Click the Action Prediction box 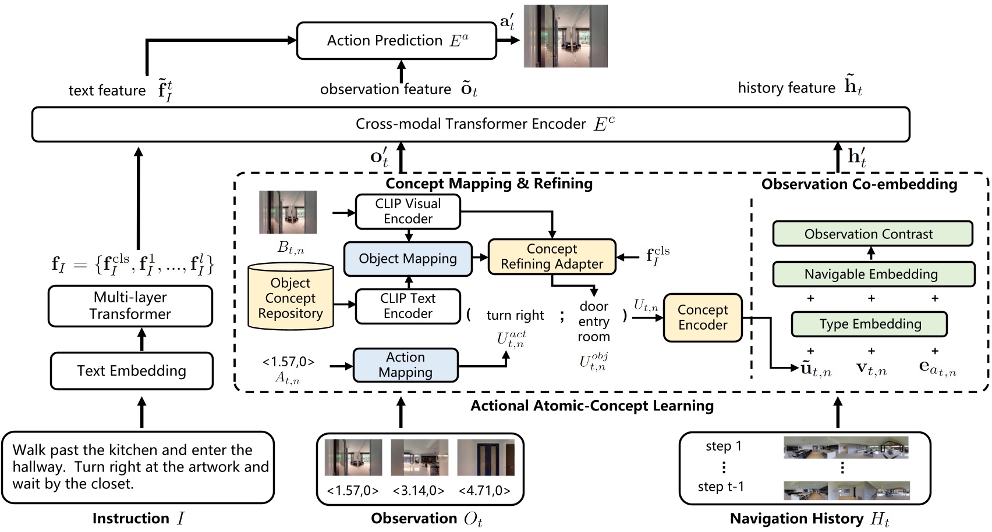(396, 41)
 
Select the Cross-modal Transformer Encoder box (470, 124)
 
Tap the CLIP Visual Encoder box (408, 212)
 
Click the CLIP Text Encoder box (408, 306)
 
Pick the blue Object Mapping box (408, 259)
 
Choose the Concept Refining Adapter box (551, 256)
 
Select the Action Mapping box (405, 365)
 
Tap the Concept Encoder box (703, 317)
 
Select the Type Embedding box (869, 324)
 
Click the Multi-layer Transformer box (130, 306)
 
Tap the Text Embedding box (132, 371)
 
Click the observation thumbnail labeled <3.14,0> (419, 458)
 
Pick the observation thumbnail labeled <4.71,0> (486, 458)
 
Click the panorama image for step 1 (846, 448)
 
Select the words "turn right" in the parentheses (515, 316)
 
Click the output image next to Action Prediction (565, 36)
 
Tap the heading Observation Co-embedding (859, 184)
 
